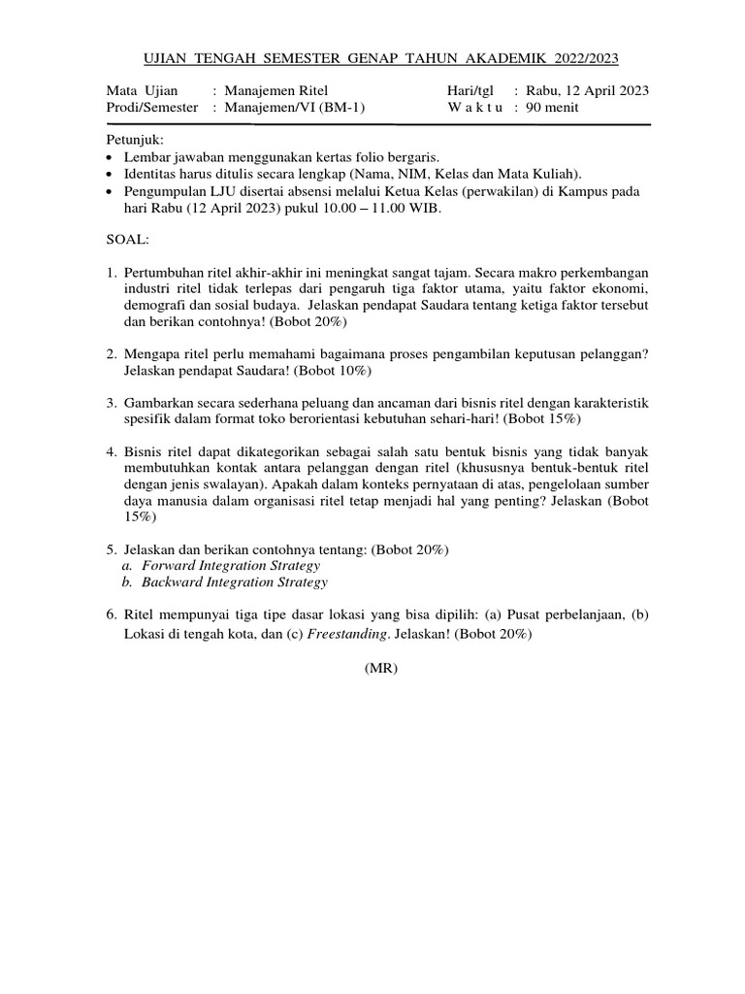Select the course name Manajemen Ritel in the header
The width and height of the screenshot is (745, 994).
tap(276, 91)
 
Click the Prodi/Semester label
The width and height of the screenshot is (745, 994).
tap(151, 108)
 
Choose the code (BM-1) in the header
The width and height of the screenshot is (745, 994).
tap(344, 108)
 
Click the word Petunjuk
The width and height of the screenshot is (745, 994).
tap(135, 140)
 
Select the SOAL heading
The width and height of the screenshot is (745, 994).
tap(127, 238)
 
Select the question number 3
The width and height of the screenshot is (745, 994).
tap(111, 403)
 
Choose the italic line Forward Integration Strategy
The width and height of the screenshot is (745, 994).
tap(231, 565)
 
